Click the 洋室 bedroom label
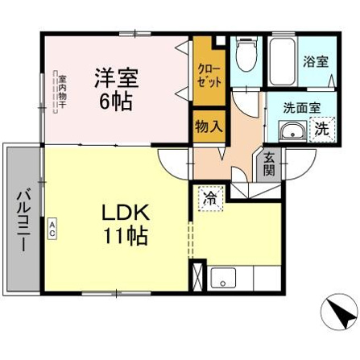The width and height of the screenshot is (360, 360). click(x=116, y=78)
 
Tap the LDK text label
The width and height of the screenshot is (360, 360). click(x=126, y=213)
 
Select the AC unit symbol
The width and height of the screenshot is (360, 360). click(x=52, y=228)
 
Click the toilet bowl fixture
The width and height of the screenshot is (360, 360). click(x=246, y=54)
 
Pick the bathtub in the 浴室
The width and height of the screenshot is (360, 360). click(x=282, y=62)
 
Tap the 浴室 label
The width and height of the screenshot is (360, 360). click(x=316, y=62)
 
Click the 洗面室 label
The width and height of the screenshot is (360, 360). click(x=302, y=108)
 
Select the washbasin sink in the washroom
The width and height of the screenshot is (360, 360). click(x=292, y=131)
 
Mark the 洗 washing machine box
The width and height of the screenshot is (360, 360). click(x=322, y=130)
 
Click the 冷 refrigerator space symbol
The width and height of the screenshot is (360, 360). click(x=211, y=198)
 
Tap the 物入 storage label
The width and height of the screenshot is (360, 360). click(x=209, y=126)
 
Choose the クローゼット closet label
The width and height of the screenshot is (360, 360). click(x=209, y=76)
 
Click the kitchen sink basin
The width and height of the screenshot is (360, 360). click(x=223, y=278)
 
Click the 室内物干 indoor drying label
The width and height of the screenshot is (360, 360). click(x=63, y=92)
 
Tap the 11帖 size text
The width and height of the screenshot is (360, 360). click(x=126, y=236)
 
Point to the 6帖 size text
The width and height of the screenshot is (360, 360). click(x=116, y=101)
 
